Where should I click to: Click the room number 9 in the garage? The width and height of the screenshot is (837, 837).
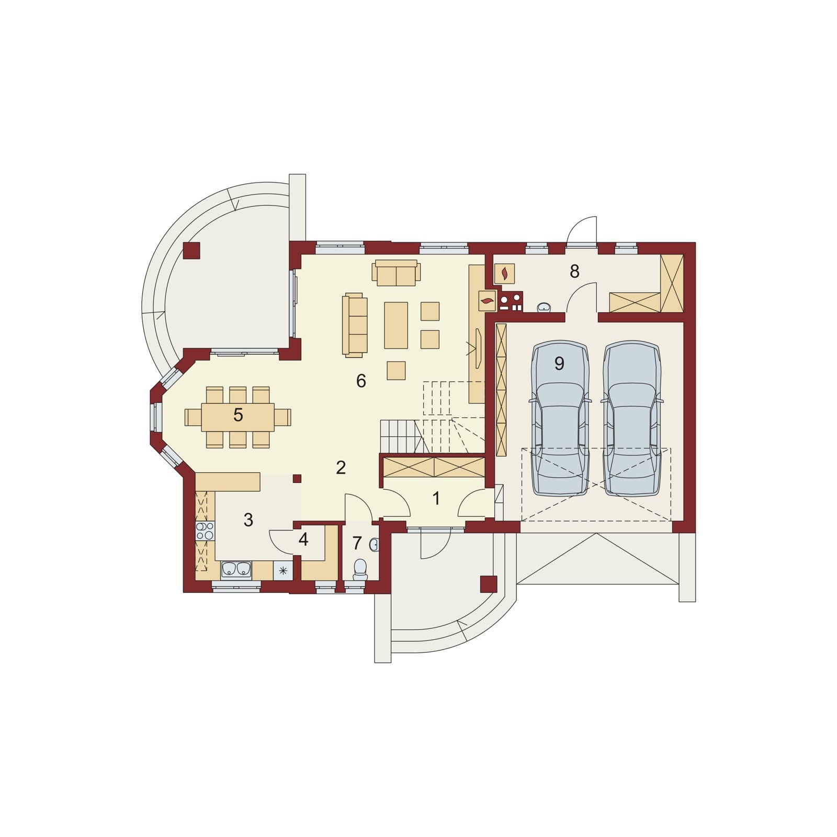pos(559,363)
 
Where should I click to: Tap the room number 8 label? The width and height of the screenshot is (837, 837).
pos(574,271)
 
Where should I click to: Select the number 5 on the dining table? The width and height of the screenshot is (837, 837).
pos(238,415)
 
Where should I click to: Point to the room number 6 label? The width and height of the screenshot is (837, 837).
pos(361,381)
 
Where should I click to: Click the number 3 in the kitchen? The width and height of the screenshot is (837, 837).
pos(248,519)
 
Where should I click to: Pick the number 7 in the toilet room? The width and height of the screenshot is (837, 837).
pos(357,543)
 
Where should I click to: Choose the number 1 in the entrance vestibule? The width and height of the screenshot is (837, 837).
pos(436,498)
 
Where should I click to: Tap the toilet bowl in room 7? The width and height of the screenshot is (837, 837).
pos(360,570)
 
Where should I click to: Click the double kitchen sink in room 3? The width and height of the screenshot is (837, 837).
pos(236,569)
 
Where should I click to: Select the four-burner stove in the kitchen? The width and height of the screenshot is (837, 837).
pos(205,531)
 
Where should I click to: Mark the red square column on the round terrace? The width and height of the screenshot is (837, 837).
pos(191,251)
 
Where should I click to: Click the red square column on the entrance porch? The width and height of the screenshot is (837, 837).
pos(489,584)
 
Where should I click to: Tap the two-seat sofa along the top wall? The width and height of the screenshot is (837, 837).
pos(396,273)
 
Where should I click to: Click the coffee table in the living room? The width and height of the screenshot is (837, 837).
pos(396,325)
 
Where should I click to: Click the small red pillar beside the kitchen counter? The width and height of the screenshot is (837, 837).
pos(297,478)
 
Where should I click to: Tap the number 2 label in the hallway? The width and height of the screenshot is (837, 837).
pos(341,468)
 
